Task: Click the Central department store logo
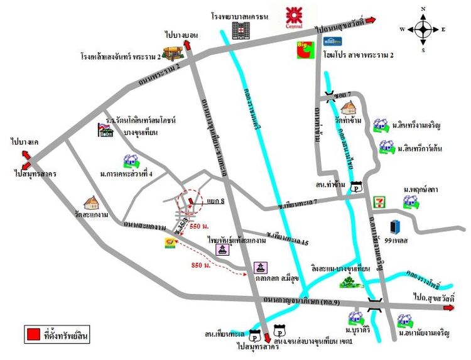[293, 18]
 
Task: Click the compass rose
[423, 29]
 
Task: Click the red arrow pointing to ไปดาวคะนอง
[371, 21]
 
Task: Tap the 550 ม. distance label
[199, 226]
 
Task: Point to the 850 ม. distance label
[200, 266]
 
